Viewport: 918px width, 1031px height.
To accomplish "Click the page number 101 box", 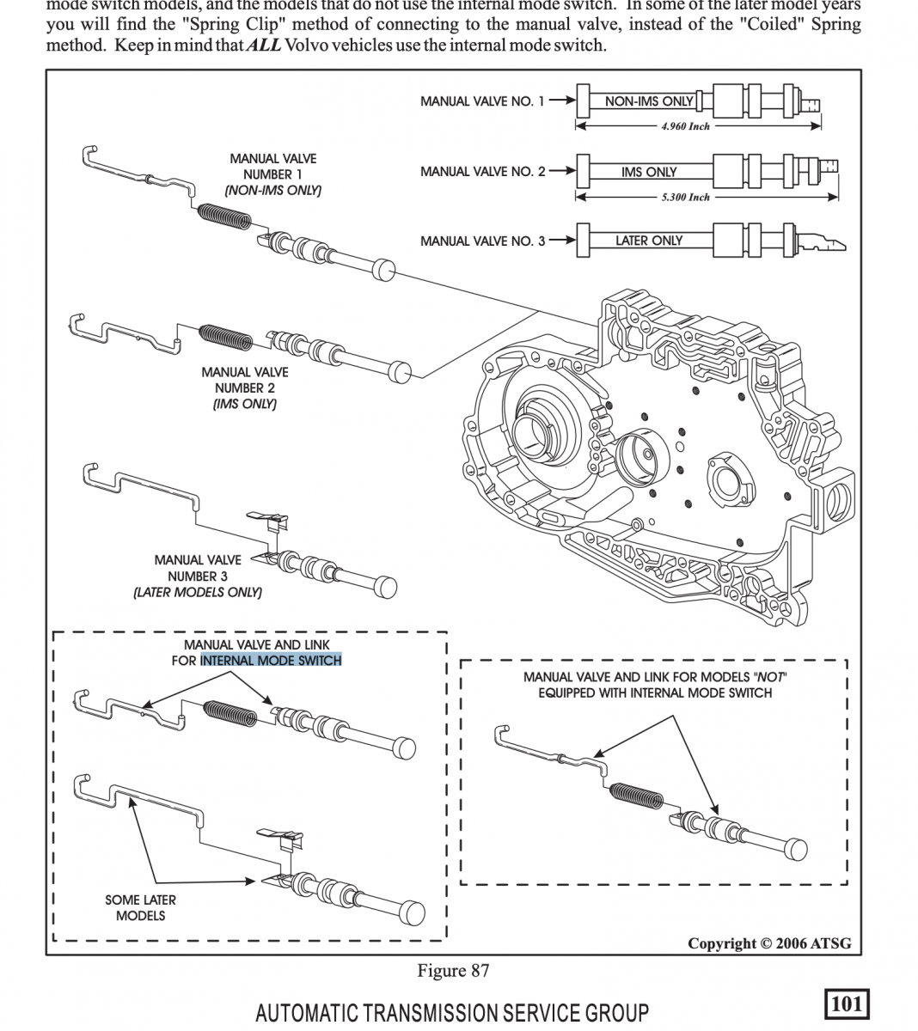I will [x=847, y=1004].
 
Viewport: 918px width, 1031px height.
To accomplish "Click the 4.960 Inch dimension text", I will [x=685, y=126].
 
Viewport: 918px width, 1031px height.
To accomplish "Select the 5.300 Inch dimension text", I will [x=685, y=197].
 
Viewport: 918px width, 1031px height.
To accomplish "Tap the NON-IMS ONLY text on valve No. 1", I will [x=648, y=101].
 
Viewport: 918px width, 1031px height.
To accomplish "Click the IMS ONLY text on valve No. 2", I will [x=649, y=172].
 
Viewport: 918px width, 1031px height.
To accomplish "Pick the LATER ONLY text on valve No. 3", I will [x=648, y=241].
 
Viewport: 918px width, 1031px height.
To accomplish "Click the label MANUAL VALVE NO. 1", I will [x=481, y=101].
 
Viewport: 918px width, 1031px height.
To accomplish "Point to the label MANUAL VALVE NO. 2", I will [x=482, y=172].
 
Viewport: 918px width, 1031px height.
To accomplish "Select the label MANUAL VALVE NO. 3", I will [x=482, y=241].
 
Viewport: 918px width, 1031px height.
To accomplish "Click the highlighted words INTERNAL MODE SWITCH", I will [x=271, y=661].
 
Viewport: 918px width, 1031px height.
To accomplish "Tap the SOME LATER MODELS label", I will [x=141, y=907].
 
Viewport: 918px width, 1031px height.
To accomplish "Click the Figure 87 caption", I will [x=453, y=971].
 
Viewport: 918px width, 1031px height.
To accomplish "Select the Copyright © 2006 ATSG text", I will [x=769, y=943].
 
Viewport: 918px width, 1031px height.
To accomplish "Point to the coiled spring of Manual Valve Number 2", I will [x=226, y=336].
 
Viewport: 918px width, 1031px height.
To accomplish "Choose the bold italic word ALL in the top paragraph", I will [x=262, y=45].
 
